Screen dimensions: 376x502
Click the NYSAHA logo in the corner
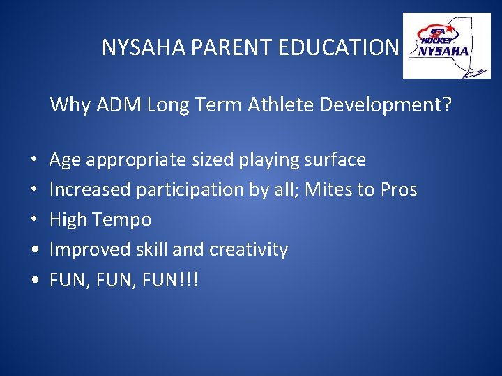[x=446, y=46]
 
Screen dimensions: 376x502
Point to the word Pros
[x=399, y=189]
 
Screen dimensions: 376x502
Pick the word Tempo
[x=121, y=219]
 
